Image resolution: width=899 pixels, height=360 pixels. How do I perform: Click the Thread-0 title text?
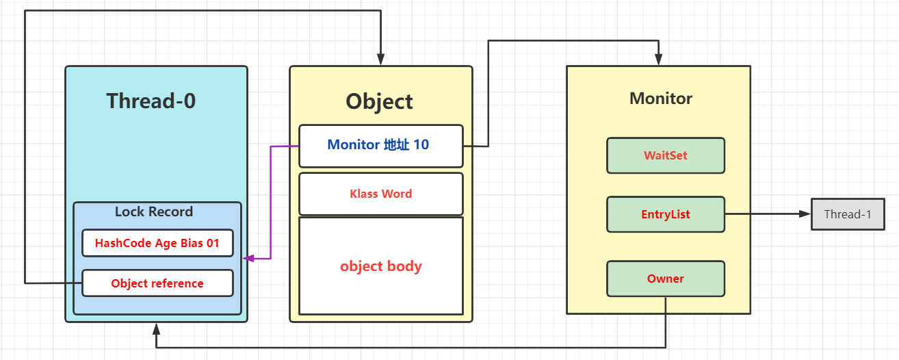coord(151,101)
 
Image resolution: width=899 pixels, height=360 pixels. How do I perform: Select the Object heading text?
coord(379,101)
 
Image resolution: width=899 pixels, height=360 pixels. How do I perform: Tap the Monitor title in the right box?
coord(660,99)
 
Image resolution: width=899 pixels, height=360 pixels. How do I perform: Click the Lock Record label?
coord(154,211)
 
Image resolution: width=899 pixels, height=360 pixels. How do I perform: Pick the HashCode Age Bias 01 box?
coord(157,243)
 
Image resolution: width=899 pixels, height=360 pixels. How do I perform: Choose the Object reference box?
coord(157,283)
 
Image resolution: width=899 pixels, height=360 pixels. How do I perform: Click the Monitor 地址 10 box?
coord(381,146)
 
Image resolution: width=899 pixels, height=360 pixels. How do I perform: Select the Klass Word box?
coord(381,194)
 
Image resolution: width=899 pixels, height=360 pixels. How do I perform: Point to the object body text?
coord(381,266)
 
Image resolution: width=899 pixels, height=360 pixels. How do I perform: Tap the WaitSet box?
coord(665,155)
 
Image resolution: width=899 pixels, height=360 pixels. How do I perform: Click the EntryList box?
coord(665,214)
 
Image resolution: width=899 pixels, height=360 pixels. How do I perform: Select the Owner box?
coord(665,279)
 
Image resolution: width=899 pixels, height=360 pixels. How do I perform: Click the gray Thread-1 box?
coord(848,214)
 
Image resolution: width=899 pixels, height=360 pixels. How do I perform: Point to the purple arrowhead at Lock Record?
coord(249,258)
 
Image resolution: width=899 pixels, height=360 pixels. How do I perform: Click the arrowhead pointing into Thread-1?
coord(805,214)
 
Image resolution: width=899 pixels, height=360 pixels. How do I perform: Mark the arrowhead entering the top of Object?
coord(380,61)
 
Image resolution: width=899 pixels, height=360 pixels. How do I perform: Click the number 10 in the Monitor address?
coord(421,144)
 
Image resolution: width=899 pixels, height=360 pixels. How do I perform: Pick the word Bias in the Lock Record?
coord(192,243)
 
